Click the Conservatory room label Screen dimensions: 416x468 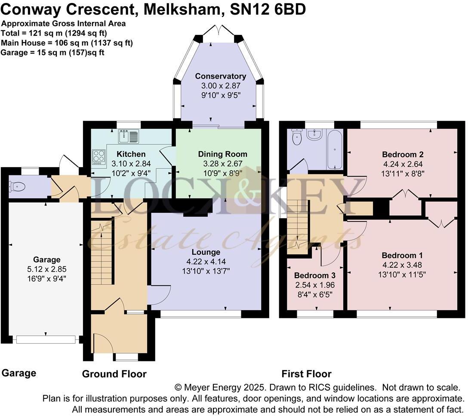coord(220,76)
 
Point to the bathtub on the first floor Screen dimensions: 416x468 coord(334,150)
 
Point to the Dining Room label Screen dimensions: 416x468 coord(222,154)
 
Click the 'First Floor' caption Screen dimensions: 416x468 coord(306,373)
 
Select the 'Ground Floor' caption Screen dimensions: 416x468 coord(114,374)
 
